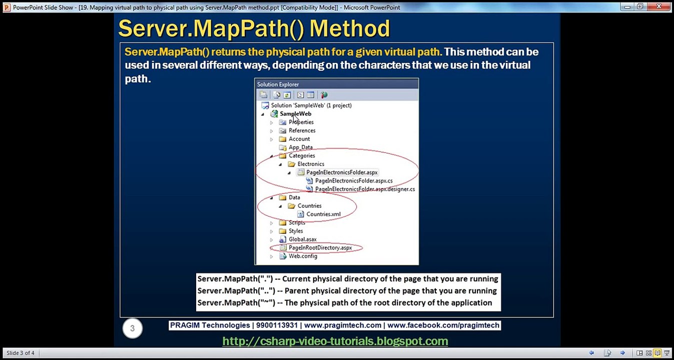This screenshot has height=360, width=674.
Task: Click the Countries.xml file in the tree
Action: [323, 214]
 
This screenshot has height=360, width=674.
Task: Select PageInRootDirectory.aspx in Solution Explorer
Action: [320, 247]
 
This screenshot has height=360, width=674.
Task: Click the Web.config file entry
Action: [303, 256]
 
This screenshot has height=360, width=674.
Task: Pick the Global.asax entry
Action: [302, 239]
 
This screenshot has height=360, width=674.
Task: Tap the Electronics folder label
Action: [310, 164]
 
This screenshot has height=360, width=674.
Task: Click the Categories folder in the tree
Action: [301, 155]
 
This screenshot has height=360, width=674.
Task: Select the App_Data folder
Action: [300, 147]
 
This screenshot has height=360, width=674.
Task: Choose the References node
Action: [302, 130]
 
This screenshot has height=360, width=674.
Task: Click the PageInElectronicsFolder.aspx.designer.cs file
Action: [364, 189]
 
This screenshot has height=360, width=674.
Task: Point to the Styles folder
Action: [295, 231]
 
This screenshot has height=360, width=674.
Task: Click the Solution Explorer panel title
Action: [278, 84]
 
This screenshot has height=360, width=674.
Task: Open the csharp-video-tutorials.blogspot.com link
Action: [335, 341]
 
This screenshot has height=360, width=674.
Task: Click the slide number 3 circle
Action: [133, 328]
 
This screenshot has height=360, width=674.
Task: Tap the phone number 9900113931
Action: [277, 325]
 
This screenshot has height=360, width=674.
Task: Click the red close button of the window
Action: [658, 6]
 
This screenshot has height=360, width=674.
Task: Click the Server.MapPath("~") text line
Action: [344, 302]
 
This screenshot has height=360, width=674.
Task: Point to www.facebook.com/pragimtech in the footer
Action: [443, 325]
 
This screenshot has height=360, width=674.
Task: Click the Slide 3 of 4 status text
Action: [21, 353]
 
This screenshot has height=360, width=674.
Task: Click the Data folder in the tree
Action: [294, 197]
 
